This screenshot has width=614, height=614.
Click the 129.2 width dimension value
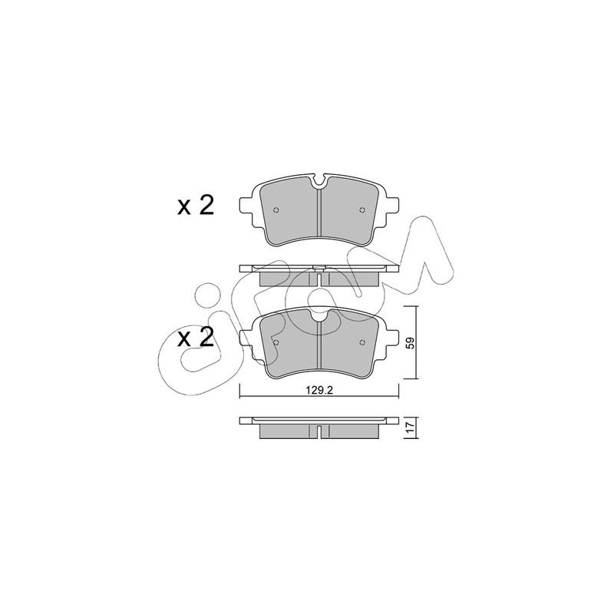319,391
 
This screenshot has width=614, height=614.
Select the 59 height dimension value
410,343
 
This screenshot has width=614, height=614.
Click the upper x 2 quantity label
196,205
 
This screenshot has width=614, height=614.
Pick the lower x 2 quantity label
196,337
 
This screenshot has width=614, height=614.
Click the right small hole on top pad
361,210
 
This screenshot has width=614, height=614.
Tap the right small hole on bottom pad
361,342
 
